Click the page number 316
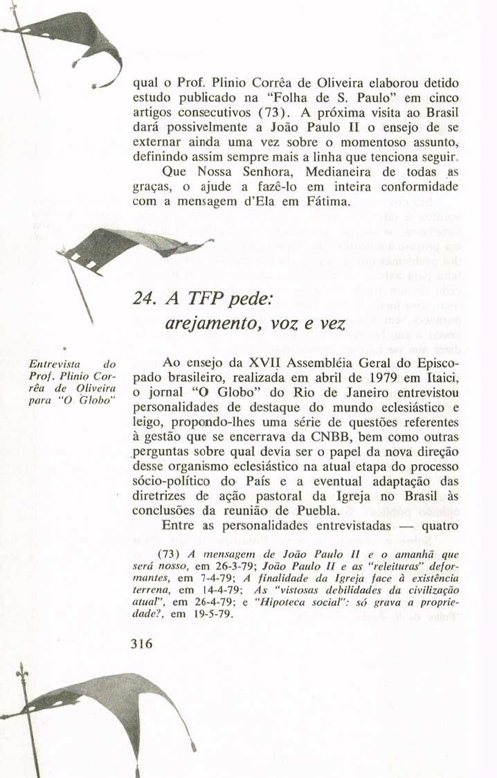[141, 643]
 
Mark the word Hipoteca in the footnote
[281, 603]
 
